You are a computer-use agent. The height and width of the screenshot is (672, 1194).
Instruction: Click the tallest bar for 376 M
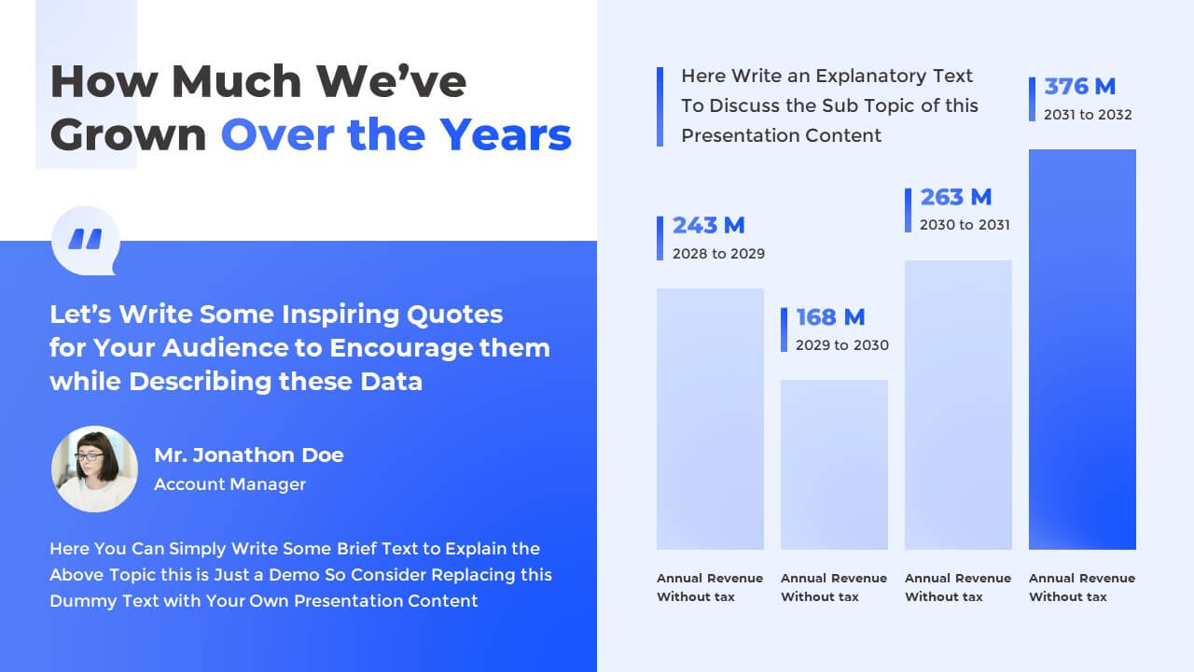1082,349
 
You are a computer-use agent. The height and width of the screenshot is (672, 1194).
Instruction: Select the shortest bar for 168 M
834,464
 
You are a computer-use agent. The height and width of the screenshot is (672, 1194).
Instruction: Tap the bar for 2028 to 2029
710,418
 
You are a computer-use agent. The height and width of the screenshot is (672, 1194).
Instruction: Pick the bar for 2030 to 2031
958,404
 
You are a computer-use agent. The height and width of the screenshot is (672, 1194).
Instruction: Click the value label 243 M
709,225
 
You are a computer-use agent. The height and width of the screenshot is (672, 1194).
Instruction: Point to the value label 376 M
1079,87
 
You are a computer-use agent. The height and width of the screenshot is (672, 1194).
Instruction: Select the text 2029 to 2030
841,345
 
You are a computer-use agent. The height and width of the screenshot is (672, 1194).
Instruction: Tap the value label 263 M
955,197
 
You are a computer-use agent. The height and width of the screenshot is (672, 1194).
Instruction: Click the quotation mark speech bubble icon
86,241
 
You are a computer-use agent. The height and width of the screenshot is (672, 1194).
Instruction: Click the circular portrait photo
94,469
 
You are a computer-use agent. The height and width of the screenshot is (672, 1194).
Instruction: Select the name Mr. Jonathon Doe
249,455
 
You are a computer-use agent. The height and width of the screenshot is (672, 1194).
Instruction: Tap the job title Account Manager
229,484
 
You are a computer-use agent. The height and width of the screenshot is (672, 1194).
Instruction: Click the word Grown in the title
128,135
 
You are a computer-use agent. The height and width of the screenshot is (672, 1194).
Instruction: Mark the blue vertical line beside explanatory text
659,106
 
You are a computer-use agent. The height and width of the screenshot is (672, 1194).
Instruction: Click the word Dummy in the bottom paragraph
78,601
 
